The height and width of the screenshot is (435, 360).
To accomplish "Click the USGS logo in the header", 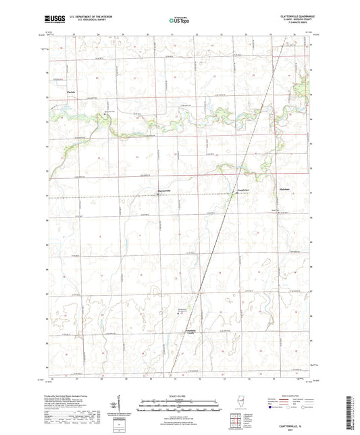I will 57,21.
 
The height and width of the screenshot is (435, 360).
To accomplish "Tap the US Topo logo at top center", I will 178,22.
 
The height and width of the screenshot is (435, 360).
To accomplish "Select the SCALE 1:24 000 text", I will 179,396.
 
